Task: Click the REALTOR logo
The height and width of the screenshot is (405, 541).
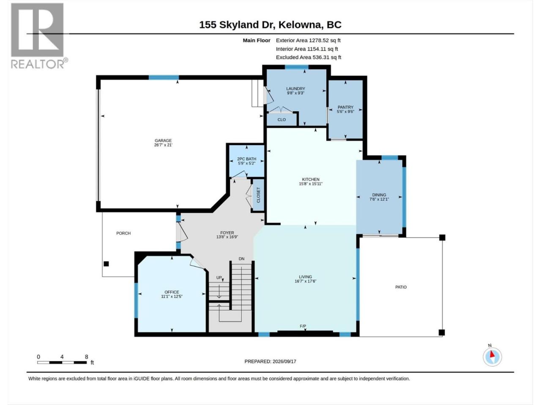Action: (x=39, y=36)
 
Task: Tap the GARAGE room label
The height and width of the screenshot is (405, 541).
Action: (x=163, y=140)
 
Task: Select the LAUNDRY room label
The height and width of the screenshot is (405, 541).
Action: (x=295, y=89)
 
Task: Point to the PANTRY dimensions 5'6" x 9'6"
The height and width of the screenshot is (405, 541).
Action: (x=345, y=111)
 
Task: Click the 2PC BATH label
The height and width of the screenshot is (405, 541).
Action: (x=246, y=159)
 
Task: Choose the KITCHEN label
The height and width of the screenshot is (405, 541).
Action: (x=311, y=179)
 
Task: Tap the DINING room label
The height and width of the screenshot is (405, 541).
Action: (x=379, y=195)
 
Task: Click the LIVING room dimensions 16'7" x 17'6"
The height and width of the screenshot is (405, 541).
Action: (x=306, y=281)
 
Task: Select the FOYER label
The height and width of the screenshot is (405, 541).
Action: (x=227, y=232)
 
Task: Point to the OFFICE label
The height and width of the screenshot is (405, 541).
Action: (x=172, y=292)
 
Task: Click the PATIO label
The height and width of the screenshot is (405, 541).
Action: (x=401, y=287)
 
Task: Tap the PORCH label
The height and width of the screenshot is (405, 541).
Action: (x=123, y=233)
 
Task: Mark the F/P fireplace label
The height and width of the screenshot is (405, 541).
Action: (x=303, y=326)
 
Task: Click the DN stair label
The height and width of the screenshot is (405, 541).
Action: (x=241, y=259)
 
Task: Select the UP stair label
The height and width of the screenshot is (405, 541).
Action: (x=219, y=278)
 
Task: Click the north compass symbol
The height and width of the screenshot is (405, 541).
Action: (x=492, y=357)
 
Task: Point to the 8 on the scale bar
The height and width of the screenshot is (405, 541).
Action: (x=86, y=357)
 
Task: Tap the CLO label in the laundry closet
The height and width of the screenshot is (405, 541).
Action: (x=281, y=119)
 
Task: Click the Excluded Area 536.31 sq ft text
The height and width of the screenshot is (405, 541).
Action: (x=309, y=57)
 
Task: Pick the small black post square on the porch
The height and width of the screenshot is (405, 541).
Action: (x=106, y=264)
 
